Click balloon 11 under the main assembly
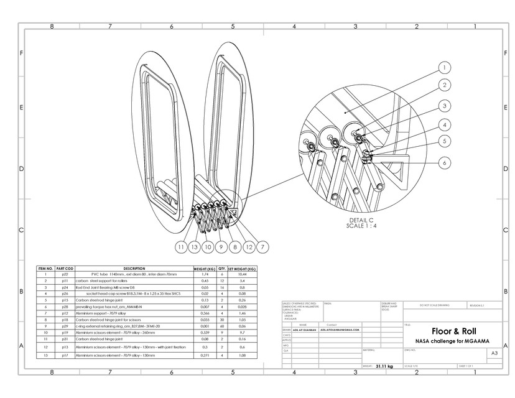pos(180,247)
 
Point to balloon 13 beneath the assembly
pos(194,247)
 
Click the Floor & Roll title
pos(453,331)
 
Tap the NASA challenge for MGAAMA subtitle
pos(453,342)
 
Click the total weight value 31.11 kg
pos(384,367)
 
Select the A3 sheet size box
pos(494,353)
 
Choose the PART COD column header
pos(65,268)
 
